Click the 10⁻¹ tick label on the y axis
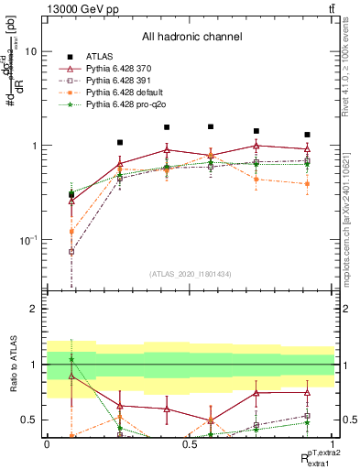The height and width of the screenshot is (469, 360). [27, 240]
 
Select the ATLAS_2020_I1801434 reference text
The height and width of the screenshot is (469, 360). [190, 274]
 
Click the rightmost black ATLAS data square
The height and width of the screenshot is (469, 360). [307, 135]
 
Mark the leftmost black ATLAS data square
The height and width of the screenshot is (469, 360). [71, 194]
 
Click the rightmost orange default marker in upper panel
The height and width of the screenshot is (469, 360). [307, 183]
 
